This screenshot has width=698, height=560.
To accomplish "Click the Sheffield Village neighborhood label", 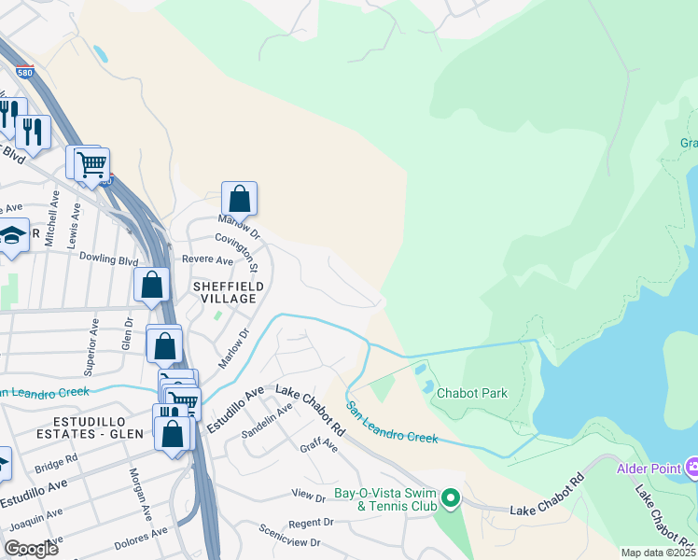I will (224, 291).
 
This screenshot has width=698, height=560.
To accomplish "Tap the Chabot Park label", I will (472, 393).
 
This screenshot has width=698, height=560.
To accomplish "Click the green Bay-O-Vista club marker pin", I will (451, 499).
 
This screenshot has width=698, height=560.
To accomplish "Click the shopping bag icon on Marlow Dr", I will (239, 199).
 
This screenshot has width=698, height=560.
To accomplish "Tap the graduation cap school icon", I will (13, 236).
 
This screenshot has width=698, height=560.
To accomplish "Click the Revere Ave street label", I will (207, 260).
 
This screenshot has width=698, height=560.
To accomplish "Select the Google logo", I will (32, 549).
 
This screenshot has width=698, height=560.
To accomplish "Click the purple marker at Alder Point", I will (691, 466).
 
